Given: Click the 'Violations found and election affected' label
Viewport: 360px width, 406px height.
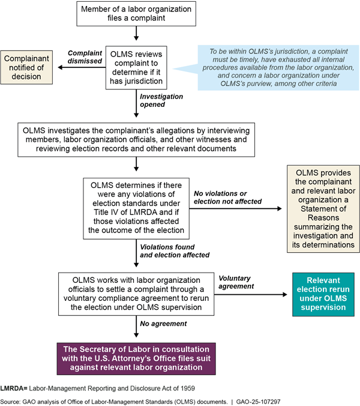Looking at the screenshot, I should pyautogui.click(x=175, y=251).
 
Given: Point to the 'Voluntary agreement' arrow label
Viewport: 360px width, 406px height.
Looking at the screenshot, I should pyautogui.click(x=238, y=282).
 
